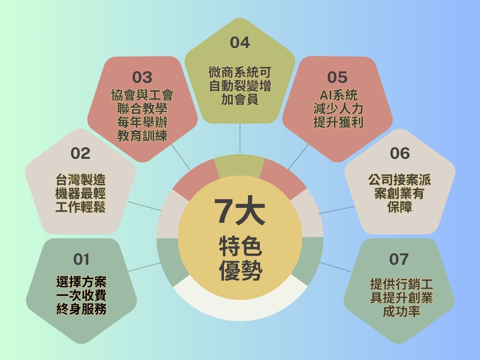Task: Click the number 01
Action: click(x=81, y=260)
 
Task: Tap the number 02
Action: click(x=80, y=154)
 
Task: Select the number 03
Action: click(x=142, y=77)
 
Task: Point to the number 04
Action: click(x=240, y=43)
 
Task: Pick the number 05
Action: click(x=337, y=77)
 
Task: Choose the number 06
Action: click(x=400, y=153)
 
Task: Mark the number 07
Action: click(x=399, y=259)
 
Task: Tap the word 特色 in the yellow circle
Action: click(x=240, y=246)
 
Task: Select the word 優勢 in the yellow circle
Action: click(x=240, y=270)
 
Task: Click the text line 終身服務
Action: click(x=81, y=309)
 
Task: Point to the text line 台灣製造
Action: click(x=80, y=180)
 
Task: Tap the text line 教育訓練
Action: click(x=142, y=136)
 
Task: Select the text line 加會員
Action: click(x=240, y=99)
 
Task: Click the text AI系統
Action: click(x=338, y=95)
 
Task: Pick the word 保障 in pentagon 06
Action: click(x=400, y=207)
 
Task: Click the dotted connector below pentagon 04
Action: click(x=240, y=138)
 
